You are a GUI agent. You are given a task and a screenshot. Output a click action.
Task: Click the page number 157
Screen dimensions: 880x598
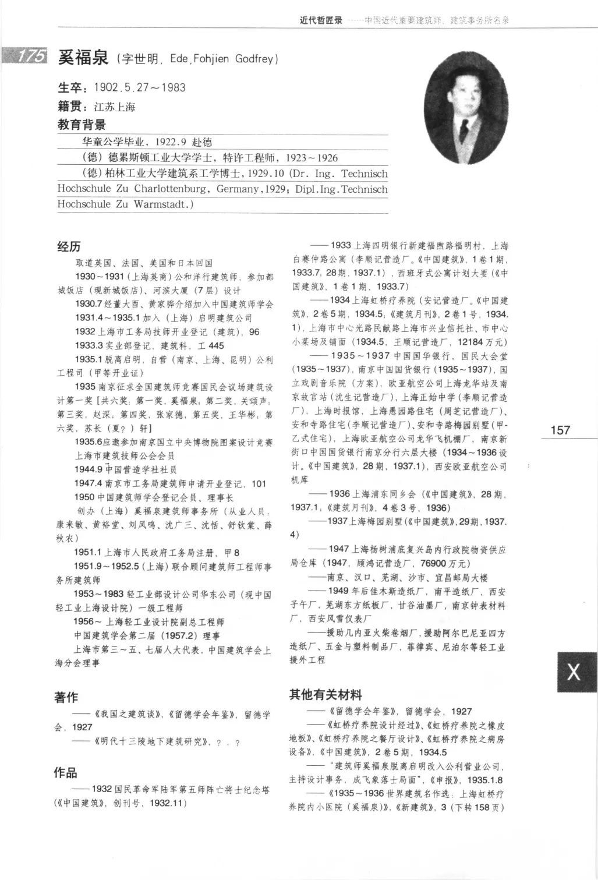pos(560,430)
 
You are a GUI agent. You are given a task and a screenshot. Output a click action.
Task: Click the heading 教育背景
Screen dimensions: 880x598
pos(82,125)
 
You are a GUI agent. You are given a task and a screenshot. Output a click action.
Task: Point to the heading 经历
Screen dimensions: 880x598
pos(69,246)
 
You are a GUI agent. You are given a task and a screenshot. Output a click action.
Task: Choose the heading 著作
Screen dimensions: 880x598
pos(66,697)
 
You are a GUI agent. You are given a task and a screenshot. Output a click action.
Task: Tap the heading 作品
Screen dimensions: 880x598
pos(66,773)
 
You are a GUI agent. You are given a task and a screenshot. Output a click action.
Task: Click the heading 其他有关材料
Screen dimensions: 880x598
pos(326,694)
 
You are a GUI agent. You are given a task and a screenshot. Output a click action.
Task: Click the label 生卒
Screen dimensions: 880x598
pos(70,88)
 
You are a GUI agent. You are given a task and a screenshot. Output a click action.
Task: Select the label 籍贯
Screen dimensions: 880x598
pos(70,107)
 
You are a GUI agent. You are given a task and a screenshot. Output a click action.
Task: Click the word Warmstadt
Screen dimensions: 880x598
pos(162,204)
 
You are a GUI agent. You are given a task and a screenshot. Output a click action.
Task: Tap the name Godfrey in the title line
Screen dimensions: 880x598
pos(257,59)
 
